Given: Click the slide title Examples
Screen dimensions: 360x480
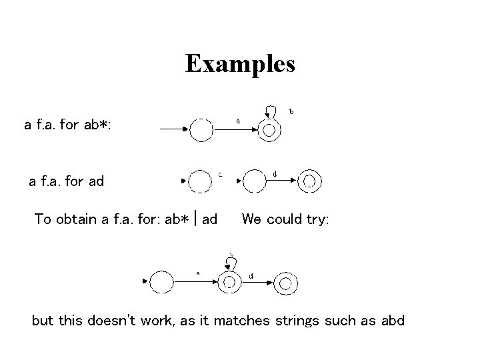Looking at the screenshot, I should click(x=240, y=64).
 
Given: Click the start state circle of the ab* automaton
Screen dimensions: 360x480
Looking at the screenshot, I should click(x=201, y=131).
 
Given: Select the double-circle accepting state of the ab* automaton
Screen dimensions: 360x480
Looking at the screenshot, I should click(x=269, y=131).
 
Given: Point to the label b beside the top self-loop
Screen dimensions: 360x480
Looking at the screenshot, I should click(x=291, y=111).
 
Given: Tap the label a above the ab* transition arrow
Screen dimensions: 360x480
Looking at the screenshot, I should click(x=238, y=121).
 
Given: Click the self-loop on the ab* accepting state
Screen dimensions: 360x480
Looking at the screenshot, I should click(x=270, y=110).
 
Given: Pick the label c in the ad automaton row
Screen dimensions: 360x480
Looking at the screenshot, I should click(x=221, y=175).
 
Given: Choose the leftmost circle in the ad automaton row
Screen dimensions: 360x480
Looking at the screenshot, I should click(x=199, y=181).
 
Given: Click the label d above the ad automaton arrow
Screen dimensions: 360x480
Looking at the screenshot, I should click(x=275, y=175).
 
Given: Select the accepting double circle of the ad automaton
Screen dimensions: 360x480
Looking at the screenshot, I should click(x=309, y=181).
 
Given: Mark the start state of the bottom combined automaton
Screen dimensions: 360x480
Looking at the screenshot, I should click(x=163, y=282).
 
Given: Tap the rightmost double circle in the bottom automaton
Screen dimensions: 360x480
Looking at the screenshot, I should click(x=285, y=283).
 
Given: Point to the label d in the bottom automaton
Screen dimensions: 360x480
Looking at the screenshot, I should click(x=251, y=275).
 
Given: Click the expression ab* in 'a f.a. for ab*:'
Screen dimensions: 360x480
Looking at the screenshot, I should click(x=97, y=125).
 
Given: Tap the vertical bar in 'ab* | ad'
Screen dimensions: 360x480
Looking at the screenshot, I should click(x=193, y=219).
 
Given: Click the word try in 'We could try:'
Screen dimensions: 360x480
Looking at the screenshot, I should click(x=313, y=219).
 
